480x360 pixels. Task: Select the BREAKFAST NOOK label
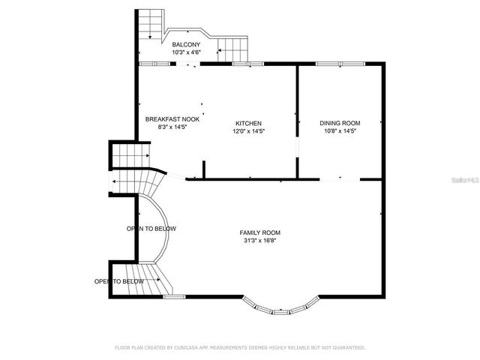(172, 119)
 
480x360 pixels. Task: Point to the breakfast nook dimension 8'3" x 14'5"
(172, 127)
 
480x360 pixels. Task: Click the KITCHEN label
(248, 123)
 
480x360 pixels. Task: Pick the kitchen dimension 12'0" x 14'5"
(248, 130)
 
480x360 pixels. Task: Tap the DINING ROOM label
(340, 123)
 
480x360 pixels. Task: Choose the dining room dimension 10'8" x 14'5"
(340, 130)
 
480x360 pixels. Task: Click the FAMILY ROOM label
(259, 232)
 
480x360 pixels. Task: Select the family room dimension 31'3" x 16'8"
(259, 241)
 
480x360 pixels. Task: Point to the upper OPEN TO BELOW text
(151, 228)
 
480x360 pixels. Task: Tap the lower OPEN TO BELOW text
(118, 281)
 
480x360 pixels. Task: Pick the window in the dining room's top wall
(329, 64)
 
